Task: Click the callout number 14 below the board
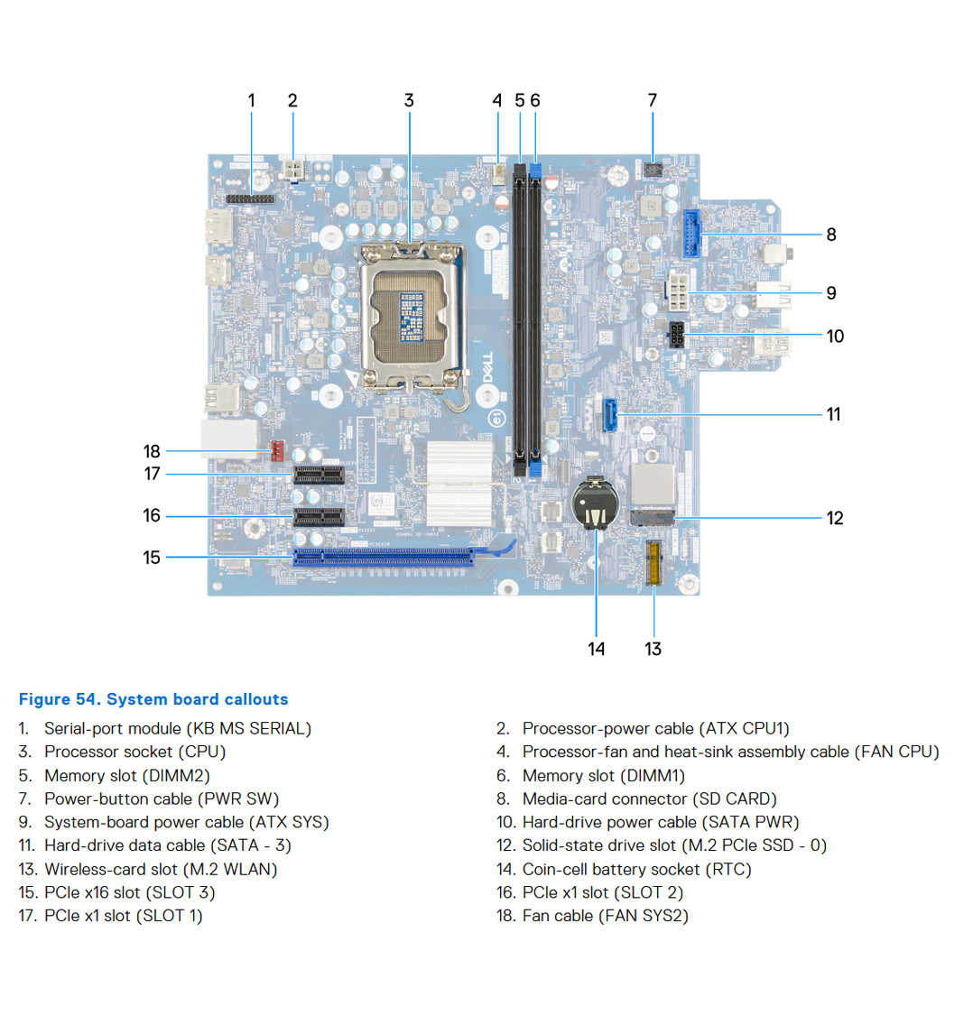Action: pos(597,649)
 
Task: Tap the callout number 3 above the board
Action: pos(409,100)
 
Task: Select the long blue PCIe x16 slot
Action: pos(384,556)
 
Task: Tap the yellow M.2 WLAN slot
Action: pos(653,561)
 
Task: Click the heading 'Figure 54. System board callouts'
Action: pos(153,699)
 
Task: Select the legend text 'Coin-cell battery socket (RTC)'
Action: pos(636,869)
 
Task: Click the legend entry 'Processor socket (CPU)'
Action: pos(134,752)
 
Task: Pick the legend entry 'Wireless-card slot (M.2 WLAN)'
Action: pos(161,869)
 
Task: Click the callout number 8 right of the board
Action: pos(831,235)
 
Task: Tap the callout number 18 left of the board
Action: pos(152,451)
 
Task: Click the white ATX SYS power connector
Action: pos(678,291)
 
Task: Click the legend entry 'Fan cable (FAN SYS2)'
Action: pos(605,916)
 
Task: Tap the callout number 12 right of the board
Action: pos(835,518)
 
